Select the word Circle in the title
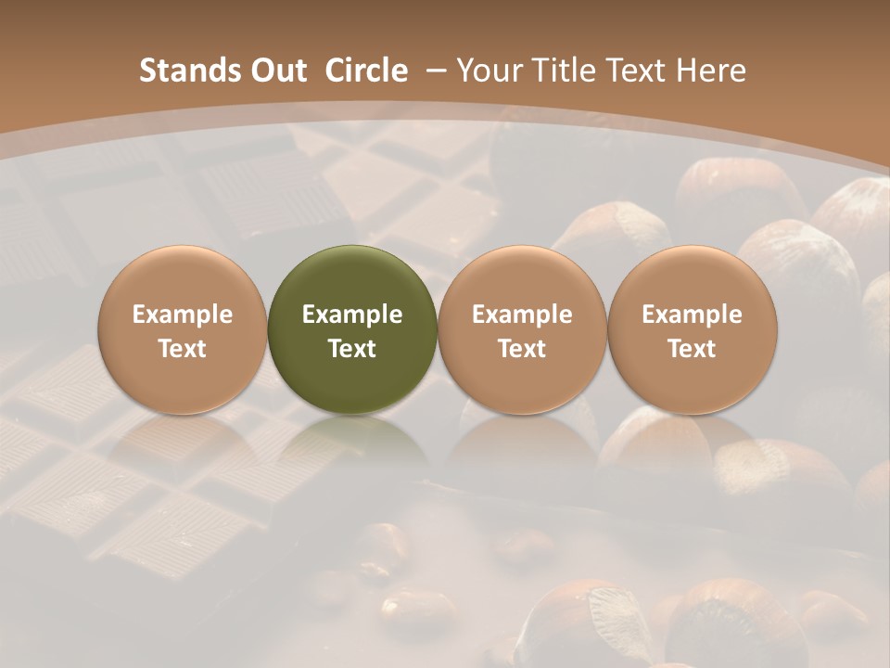coord(366,71)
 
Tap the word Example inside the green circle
coord(352,315)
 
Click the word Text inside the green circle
coord(352,349)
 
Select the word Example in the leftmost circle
coord(182,315)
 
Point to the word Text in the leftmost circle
coord(182,349)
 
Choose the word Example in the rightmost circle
coord(692,315)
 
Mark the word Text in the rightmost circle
coord(692,349)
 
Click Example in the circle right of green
coord(522,315)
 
